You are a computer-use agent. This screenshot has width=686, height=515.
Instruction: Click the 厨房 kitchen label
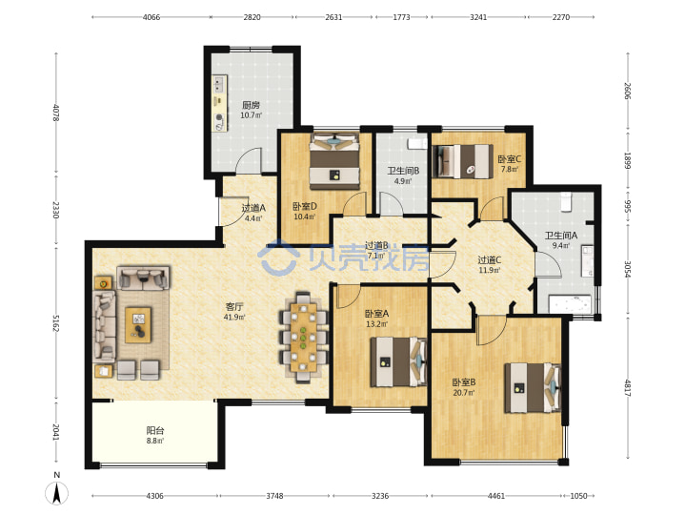[x=252, y=105]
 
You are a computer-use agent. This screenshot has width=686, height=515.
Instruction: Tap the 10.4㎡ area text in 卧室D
[x=305, y=216]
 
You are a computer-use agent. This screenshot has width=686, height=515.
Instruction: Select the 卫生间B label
[x=403, y=171]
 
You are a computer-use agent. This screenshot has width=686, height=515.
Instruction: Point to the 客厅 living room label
[x=234, y=306]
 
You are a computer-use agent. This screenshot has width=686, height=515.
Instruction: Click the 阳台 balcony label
[x=155, y=430]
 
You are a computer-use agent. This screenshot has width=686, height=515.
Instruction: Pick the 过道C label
[x=489, y=260]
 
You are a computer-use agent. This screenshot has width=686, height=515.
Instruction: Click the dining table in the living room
[x=303, y=338]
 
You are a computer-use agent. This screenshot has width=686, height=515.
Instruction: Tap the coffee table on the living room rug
[x=138, y=325]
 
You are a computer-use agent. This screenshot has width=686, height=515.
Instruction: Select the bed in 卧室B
[x=533, y=388]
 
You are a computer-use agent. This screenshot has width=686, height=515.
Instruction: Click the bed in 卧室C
[x=460, y=161]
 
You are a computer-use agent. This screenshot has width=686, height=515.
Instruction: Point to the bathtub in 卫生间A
[x=570, y=305]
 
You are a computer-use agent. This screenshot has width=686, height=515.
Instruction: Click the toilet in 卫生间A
[x=566, y=201]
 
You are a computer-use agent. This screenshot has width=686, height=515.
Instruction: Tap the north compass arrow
[x=57, y=493]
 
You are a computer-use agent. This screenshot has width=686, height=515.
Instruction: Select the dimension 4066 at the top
[x=151, y=17]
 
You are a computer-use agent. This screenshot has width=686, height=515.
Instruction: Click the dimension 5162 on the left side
[x=56, y=322]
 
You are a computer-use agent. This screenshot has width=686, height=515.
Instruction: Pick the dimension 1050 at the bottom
[x=578, y=496]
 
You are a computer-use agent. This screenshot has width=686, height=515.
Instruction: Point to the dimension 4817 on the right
[x=627, y=388]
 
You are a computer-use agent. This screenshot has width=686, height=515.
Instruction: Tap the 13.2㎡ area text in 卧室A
[x=376, y=324]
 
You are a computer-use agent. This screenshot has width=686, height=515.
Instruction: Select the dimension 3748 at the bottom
[x=274, y=496]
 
